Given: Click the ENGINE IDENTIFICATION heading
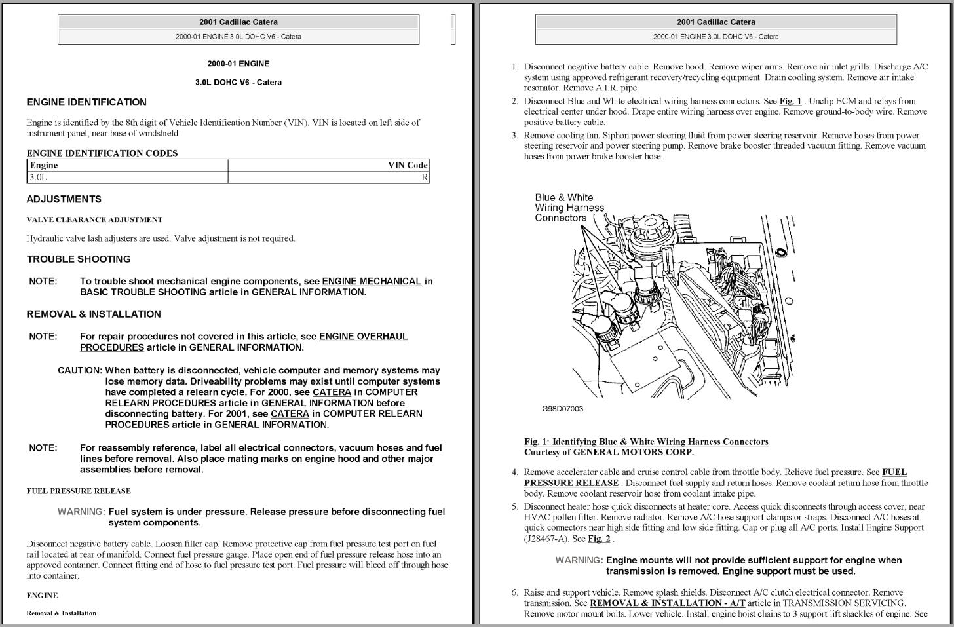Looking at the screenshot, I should click(86, 102).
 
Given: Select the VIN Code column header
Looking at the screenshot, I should click(407, 165).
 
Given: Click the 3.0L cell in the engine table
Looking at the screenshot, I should click(39, 177).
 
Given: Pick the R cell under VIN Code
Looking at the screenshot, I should click(425, 177).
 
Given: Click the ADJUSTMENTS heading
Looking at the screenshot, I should click(64, 199).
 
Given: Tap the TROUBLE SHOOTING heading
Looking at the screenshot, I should click(79, 259).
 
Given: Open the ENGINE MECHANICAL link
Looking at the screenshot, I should click(372, 281).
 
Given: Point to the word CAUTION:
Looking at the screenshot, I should click(80, 370).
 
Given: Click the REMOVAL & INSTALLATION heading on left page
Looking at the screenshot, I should click(94, 314).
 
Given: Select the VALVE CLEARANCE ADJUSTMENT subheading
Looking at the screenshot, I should click(94, 219).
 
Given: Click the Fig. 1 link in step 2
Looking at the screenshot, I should click(790, 101).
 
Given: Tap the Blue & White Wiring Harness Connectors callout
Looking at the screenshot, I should click(569, 207).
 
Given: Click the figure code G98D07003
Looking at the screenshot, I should click(562, 409).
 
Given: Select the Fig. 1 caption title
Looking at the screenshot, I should click(646, 442).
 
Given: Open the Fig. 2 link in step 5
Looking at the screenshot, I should click(599, 539).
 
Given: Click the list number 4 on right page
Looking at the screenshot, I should click(515, 472).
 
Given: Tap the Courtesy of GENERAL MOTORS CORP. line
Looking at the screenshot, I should click(609, 452).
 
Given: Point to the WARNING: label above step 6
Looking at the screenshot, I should click(579, 560).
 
